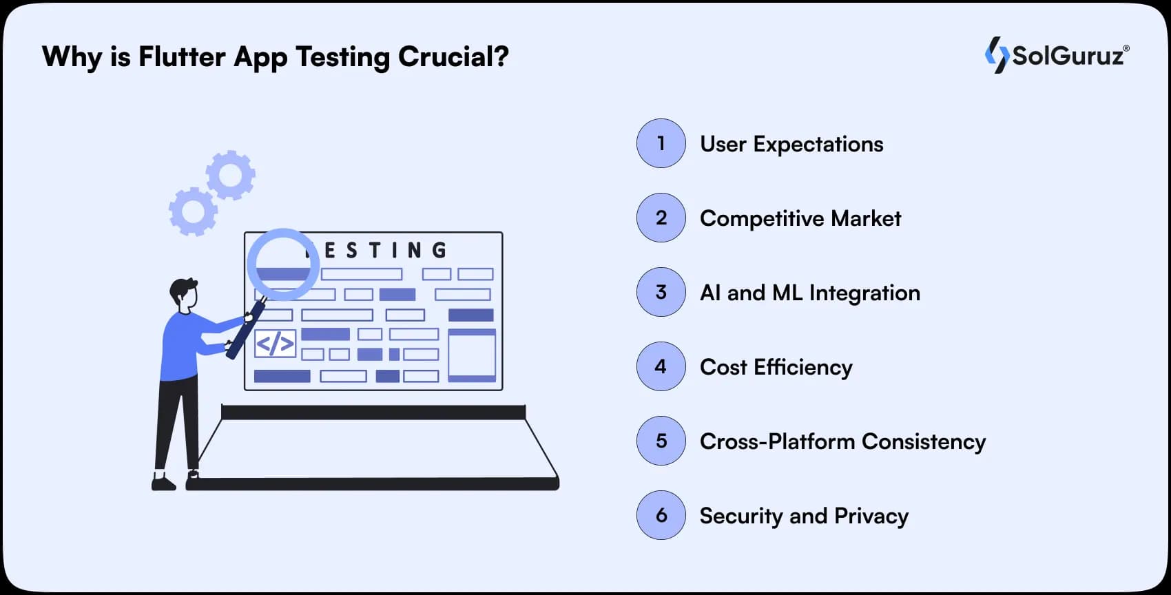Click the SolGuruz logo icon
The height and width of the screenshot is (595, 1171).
(x=996, y=54)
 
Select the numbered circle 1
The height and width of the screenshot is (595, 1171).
(x=661, y=143)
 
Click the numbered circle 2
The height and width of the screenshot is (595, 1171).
(x=661, y=218)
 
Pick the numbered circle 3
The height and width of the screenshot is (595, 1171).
(x=661, y=292)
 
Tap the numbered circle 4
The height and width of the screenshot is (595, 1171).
(x=661, y=366)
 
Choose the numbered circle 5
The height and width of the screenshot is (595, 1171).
(x=661, y=441)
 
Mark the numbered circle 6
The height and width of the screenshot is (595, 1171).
(x=661, y=515)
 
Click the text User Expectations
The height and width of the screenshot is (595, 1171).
(x=791, y=144)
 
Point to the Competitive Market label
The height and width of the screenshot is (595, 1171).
(x=800, y=218)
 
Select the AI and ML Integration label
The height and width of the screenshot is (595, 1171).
(x=810, y=293)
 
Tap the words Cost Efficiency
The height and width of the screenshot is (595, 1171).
(x=776, y=367)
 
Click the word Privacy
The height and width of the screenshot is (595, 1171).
(x=871, y=516)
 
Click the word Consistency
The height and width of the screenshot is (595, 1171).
(x=924, y=441)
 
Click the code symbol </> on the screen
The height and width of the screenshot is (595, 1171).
(x=275, y=343)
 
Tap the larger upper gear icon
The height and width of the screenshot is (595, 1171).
(x=231, y=175)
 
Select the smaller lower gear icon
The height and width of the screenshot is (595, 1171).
(x=193, y=211)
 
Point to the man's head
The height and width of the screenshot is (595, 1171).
(x=185, y=293)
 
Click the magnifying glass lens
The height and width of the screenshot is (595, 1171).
(x=283, y=264)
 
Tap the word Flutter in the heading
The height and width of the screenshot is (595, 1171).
(x=182, y=56)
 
